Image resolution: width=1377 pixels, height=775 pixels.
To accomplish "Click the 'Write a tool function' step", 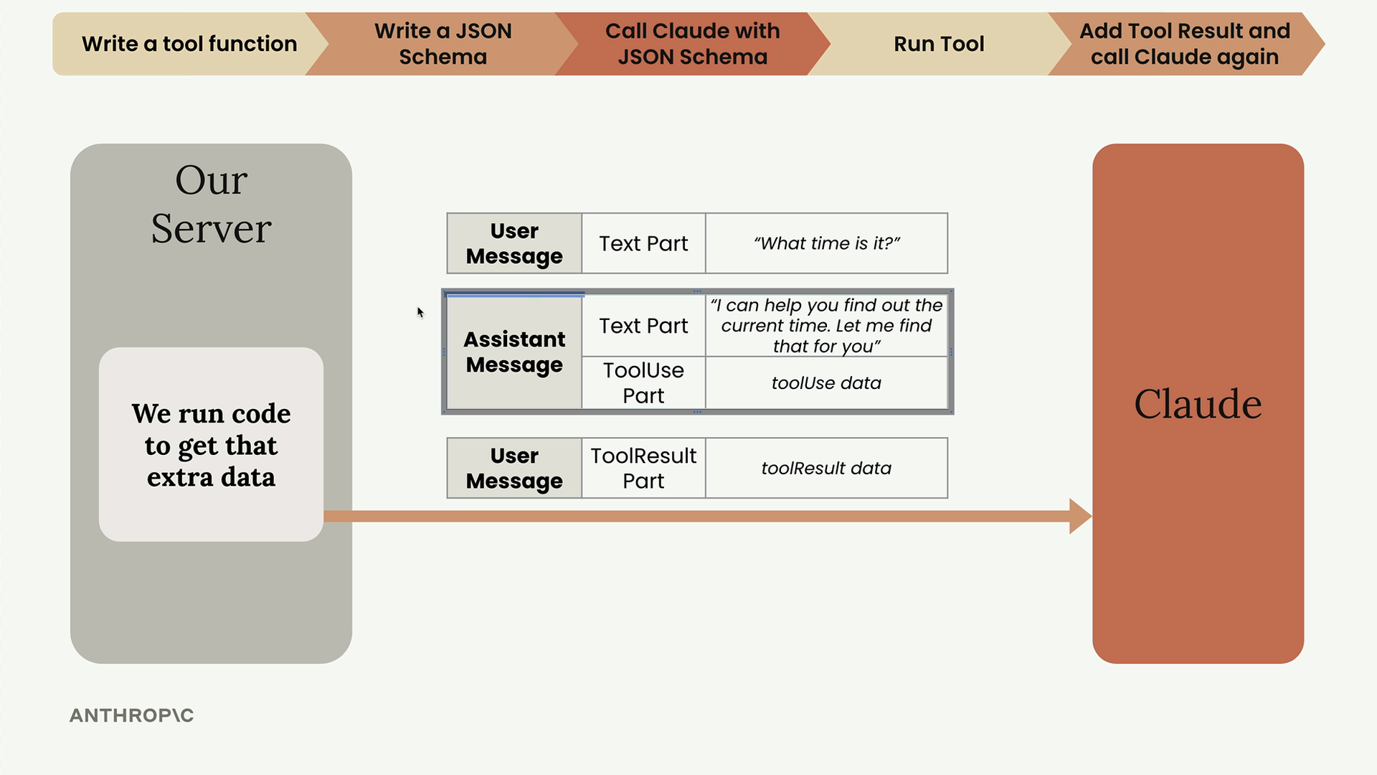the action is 189,44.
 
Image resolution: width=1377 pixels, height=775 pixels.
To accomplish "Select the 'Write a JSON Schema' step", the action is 443,44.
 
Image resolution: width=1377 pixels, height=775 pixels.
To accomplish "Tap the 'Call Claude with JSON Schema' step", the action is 692,44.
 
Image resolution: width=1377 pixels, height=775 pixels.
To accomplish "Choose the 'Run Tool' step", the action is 939,44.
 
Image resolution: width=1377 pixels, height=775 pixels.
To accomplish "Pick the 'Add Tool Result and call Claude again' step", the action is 1185,44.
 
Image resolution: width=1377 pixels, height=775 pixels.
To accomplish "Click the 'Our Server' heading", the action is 212,204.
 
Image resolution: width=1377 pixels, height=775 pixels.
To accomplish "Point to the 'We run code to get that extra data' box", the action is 211,444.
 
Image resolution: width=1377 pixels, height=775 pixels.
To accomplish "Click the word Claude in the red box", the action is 1198,403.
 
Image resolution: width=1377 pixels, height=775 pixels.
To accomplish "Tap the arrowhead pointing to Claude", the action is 1080,516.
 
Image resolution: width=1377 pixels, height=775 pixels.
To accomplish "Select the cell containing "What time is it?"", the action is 826,243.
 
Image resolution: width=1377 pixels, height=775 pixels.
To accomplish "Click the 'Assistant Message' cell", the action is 514,352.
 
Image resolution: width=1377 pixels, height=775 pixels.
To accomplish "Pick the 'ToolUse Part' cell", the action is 643,382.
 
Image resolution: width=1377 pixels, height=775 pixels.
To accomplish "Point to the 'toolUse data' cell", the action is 826,382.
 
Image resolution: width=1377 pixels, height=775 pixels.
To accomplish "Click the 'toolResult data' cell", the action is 826,468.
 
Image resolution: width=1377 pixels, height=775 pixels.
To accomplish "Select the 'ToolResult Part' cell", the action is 643,468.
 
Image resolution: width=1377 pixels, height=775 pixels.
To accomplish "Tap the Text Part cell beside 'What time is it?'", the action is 643,243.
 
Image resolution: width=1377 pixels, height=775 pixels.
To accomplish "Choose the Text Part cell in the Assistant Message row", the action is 643,326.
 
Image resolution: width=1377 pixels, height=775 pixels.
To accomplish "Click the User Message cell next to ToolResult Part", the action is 514,468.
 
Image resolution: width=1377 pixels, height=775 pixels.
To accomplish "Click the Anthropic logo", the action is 131,715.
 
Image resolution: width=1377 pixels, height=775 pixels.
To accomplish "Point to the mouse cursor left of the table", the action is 420,312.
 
